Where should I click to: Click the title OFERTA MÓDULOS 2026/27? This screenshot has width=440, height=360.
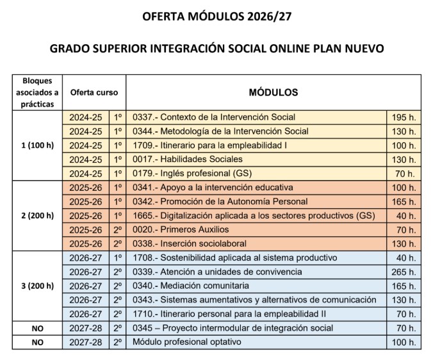click(x=220, y=17)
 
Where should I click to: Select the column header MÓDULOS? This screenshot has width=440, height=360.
click(x=273, y=92)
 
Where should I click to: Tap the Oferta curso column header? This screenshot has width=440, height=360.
click(x=94, y=92)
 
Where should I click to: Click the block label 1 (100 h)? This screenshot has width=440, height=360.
click(x=37, y=145)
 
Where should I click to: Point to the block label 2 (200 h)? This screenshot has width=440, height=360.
click(x=37, y=215)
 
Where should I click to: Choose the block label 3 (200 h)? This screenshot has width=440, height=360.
click(x=37, y=286)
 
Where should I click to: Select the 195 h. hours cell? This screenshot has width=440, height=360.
click(x=403, y=117)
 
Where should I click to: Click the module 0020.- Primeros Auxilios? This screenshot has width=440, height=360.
click(x=180, y=229)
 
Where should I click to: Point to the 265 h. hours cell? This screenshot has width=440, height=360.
click(x=403, y=272)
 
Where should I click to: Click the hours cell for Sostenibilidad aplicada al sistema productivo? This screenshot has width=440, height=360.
click(x=403, y=258)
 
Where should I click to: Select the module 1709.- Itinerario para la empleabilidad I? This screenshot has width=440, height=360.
click(x=209, y=145)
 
